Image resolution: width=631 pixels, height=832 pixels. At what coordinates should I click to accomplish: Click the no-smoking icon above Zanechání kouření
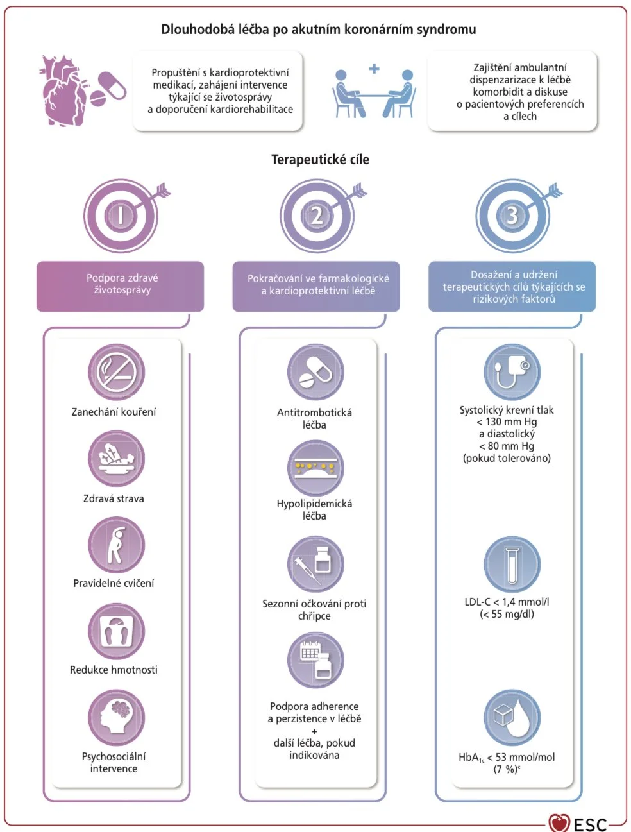click(x=117, y=372)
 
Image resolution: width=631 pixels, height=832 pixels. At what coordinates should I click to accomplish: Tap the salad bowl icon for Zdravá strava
click(x=117, y=459)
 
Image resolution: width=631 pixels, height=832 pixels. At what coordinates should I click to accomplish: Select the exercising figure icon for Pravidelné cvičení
click(x=117, y=545)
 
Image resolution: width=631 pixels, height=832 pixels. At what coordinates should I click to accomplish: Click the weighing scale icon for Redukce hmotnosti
click(x=117, y=632)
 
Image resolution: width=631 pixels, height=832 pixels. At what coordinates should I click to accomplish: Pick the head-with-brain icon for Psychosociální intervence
click(x=117, y=718)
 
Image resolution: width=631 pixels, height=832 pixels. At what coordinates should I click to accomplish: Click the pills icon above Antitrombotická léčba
click(x=315, y=373)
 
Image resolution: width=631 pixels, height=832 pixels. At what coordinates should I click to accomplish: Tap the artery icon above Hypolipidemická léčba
click(x=315, y=468)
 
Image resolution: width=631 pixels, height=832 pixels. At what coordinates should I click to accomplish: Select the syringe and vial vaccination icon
click(x=315, y=565)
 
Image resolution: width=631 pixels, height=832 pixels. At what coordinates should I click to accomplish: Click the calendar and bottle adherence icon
click(x=315, y=661)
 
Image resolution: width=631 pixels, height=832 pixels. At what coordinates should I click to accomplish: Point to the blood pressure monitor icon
click(x=512, y=372)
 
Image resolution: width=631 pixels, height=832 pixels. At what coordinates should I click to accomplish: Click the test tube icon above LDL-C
click(x=512, y=565)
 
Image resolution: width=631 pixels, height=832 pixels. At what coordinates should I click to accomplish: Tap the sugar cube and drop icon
click(x=512, y=718)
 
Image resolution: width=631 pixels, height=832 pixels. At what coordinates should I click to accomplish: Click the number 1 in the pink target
click(x=120, y=216)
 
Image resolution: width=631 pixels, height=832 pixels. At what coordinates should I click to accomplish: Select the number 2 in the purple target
click(x=317, y=216)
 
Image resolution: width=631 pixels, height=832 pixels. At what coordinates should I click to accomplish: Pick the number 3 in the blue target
click(x=512, y=216)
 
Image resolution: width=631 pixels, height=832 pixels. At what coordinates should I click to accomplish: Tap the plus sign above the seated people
click(x=374, y=69)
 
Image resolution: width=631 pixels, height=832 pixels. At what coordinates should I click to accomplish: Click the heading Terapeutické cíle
click(x=320, y=160)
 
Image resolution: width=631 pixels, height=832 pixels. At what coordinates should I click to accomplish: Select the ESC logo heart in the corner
click(x=559, y=822)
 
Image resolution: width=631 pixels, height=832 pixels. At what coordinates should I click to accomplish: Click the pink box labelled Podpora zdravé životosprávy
click(x=120, y=286)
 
